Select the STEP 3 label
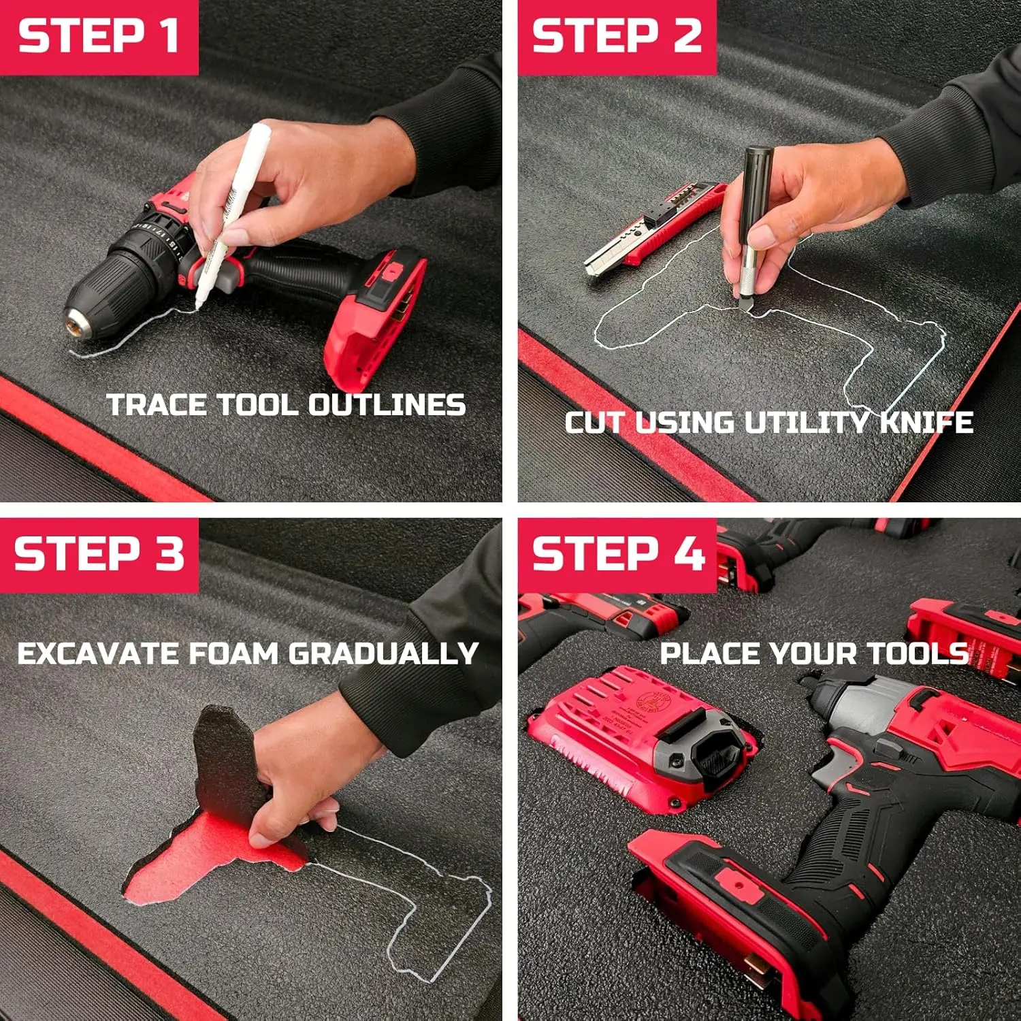[99, 553]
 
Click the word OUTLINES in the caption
[387, 405]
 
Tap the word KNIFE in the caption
[926, 422]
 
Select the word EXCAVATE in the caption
[98, 653]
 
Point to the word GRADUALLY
[383, 653]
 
